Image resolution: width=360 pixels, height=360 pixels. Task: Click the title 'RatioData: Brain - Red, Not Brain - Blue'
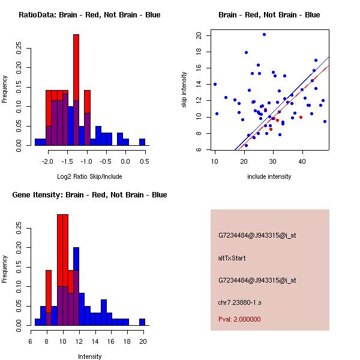pos(89,15)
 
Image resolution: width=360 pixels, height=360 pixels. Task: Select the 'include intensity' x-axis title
pos(269,176)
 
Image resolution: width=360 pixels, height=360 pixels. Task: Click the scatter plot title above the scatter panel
pos(269,15)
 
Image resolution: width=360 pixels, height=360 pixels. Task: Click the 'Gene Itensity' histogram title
pos(89,195)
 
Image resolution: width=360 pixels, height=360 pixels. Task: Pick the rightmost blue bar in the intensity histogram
pos(142,322)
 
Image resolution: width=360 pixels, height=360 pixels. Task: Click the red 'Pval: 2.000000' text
pos(239,319)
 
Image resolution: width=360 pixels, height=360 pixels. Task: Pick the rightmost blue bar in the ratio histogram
pos(142,142)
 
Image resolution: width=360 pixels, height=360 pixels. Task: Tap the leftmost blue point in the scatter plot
pos(215,84)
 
